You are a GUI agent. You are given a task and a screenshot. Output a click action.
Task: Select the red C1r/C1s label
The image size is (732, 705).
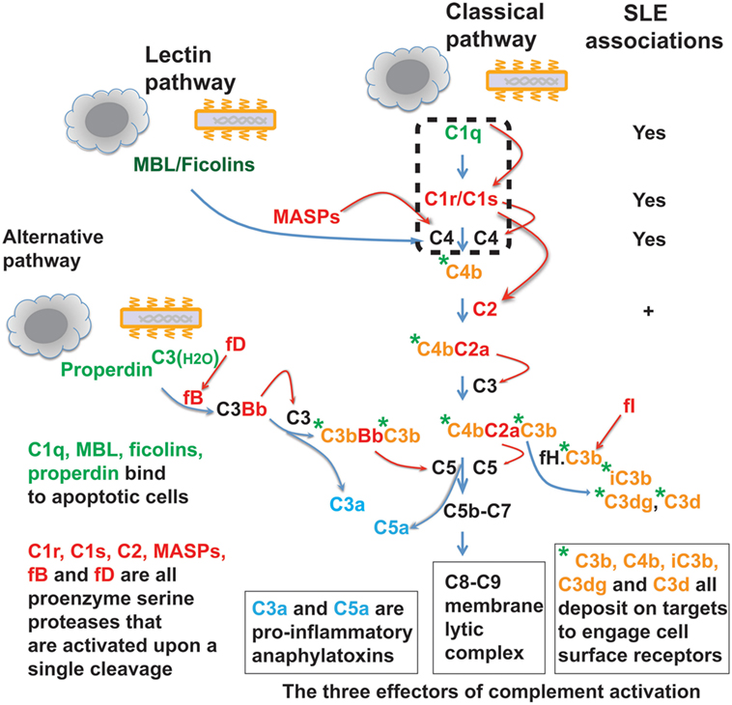[463, 200]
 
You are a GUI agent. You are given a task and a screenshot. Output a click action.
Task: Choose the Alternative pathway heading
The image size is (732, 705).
[50, 249]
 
